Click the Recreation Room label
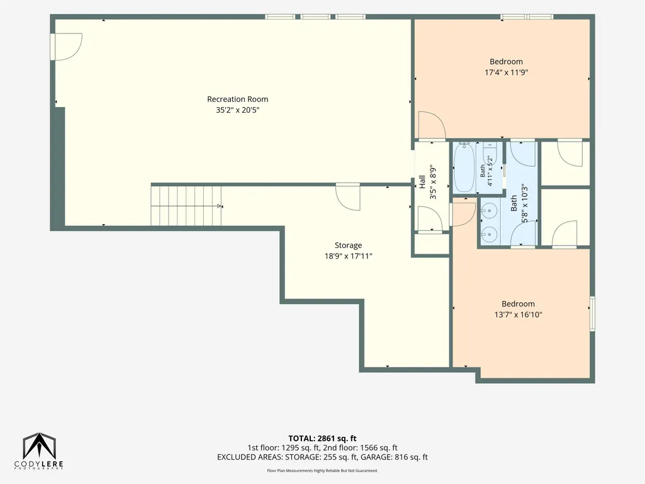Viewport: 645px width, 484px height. pyautogui.click(x=237, y=99)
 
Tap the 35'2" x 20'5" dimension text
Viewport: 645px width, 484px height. pyautogui.click(x=238, y=110)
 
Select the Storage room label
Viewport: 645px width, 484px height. pyautogui.click(x=348, y=245)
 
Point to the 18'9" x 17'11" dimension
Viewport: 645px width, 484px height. pyautogui.click(x=348, y=256)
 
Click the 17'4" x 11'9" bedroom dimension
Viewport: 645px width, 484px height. pyautogui.click(x=506, y=72)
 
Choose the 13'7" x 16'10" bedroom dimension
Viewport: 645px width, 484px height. pyautogui.click(x=518, y=315)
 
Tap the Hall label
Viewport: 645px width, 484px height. pyautogui.click(x=422, y=183)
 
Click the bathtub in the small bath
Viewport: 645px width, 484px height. pyautogui.click(x=464, y=168)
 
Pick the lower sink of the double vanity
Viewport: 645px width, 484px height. pyautogui.click(x=490, y=235)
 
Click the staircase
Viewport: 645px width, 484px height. pyautogui.click(x=186, y=206)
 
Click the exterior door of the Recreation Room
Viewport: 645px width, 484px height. pyautogui.click(x=66, y=47)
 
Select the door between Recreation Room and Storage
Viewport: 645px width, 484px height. pyautogui.click(x=348, y=197)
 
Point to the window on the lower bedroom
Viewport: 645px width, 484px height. pyautogui.click(x=592, y=313)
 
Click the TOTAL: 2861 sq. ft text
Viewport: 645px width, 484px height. pyautogui.click(x=322, y=438)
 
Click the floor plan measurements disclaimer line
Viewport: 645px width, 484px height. pyautogui.click(x=322, y=470)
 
